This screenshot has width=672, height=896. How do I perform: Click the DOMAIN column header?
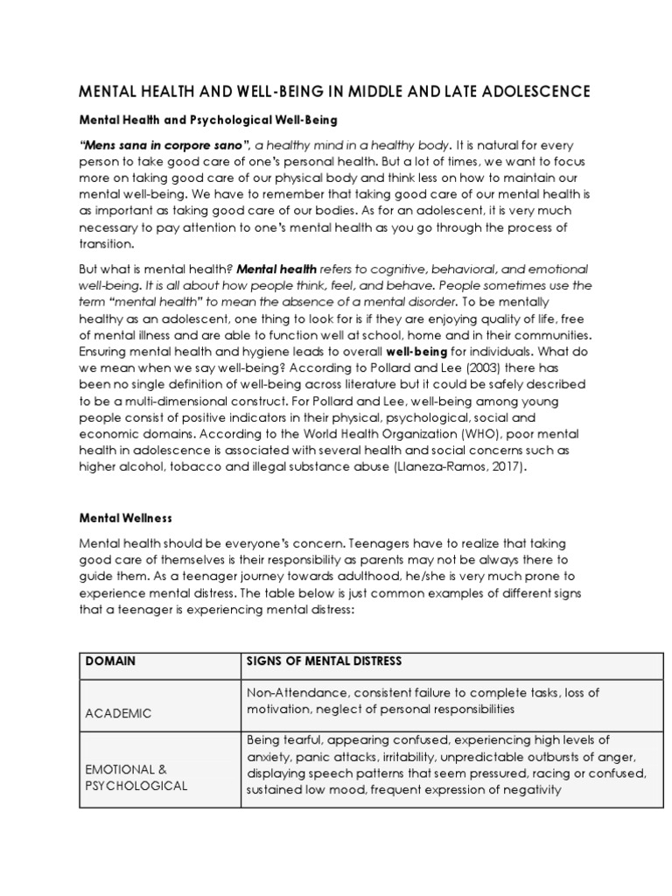111,661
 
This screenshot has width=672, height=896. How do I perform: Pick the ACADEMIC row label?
118,713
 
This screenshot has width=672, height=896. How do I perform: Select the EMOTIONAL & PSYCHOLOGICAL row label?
136,777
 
